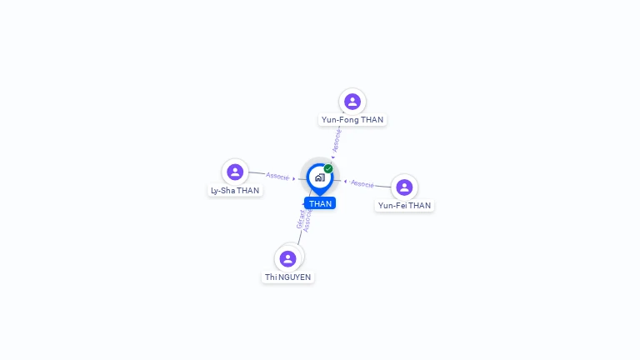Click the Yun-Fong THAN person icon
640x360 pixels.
pyautogui.click(x=352, y=102)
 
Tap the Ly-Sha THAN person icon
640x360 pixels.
pyautogui.click(x=235, y=172)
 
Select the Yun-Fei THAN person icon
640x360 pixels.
pyautogui.click(x=404, y=187)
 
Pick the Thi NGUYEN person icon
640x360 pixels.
pyautogui.click(x=287, y=258)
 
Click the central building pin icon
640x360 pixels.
pyautogui.click(x=319, y=177)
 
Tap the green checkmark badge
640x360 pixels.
pyautogui.click(x=328, y=168)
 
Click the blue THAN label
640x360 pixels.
pyautogui.click(x=320, y=203)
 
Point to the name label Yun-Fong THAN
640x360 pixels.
pyautogui.click(x=352, y=120)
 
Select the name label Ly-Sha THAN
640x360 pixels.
pyautogui.click(x=235, y=191)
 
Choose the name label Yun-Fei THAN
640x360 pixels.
pyautogui.click(x=404, y=205)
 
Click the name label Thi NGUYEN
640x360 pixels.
pyautogui.click(x=288, y=277)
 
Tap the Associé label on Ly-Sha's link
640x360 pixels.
pyautogui.click(x=277, y=176)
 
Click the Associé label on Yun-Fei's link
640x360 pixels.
pyautogui.click(x=362, y=183)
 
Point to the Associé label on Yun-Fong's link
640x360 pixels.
pyautogui.click(x=337, y=140)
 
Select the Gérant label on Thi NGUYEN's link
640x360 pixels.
pyautogui.click(x=301, y=219)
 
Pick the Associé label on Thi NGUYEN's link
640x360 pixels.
pyautogui.click(x=308, y=220)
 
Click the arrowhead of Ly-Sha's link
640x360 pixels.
pyautogui.click(x=294, y=178)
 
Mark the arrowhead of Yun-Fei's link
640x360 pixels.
pyautogui.click(x=345, y=181)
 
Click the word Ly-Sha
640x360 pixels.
pyautogui.click(x=223, y=191)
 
